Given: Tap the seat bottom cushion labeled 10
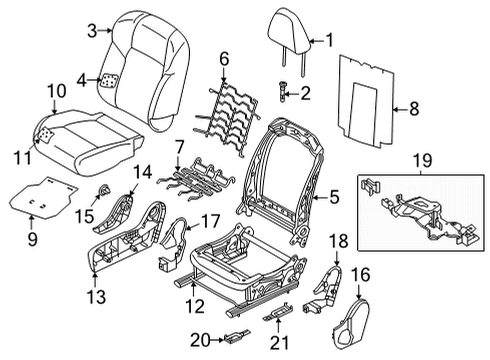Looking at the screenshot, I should [100, 130].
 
